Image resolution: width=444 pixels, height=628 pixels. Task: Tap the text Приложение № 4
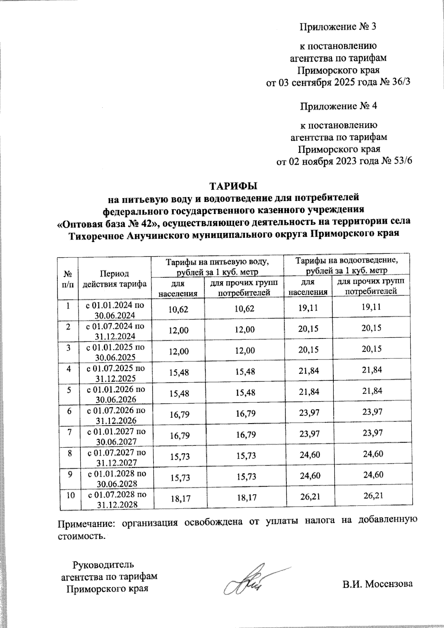(338, 106)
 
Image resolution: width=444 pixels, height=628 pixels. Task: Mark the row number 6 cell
(68, 410)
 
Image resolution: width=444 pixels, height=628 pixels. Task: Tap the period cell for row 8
(115, 458)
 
